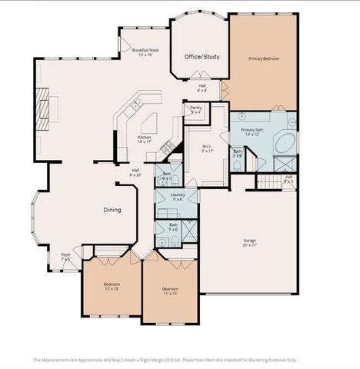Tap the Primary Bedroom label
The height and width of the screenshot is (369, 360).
[263, 58]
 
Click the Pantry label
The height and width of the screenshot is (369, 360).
[195, 110]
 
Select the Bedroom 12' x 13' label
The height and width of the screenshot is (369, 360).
[112, 286]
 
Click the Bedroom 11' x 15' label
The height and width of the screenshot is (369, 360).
[170, 291]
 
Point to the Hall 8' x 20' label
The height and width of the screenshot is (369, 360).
[135, 173]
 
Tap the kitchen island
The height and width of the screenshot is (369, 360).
[148, 123]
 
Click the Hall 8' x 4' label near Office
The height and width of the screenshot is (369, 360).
[202, 88]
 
